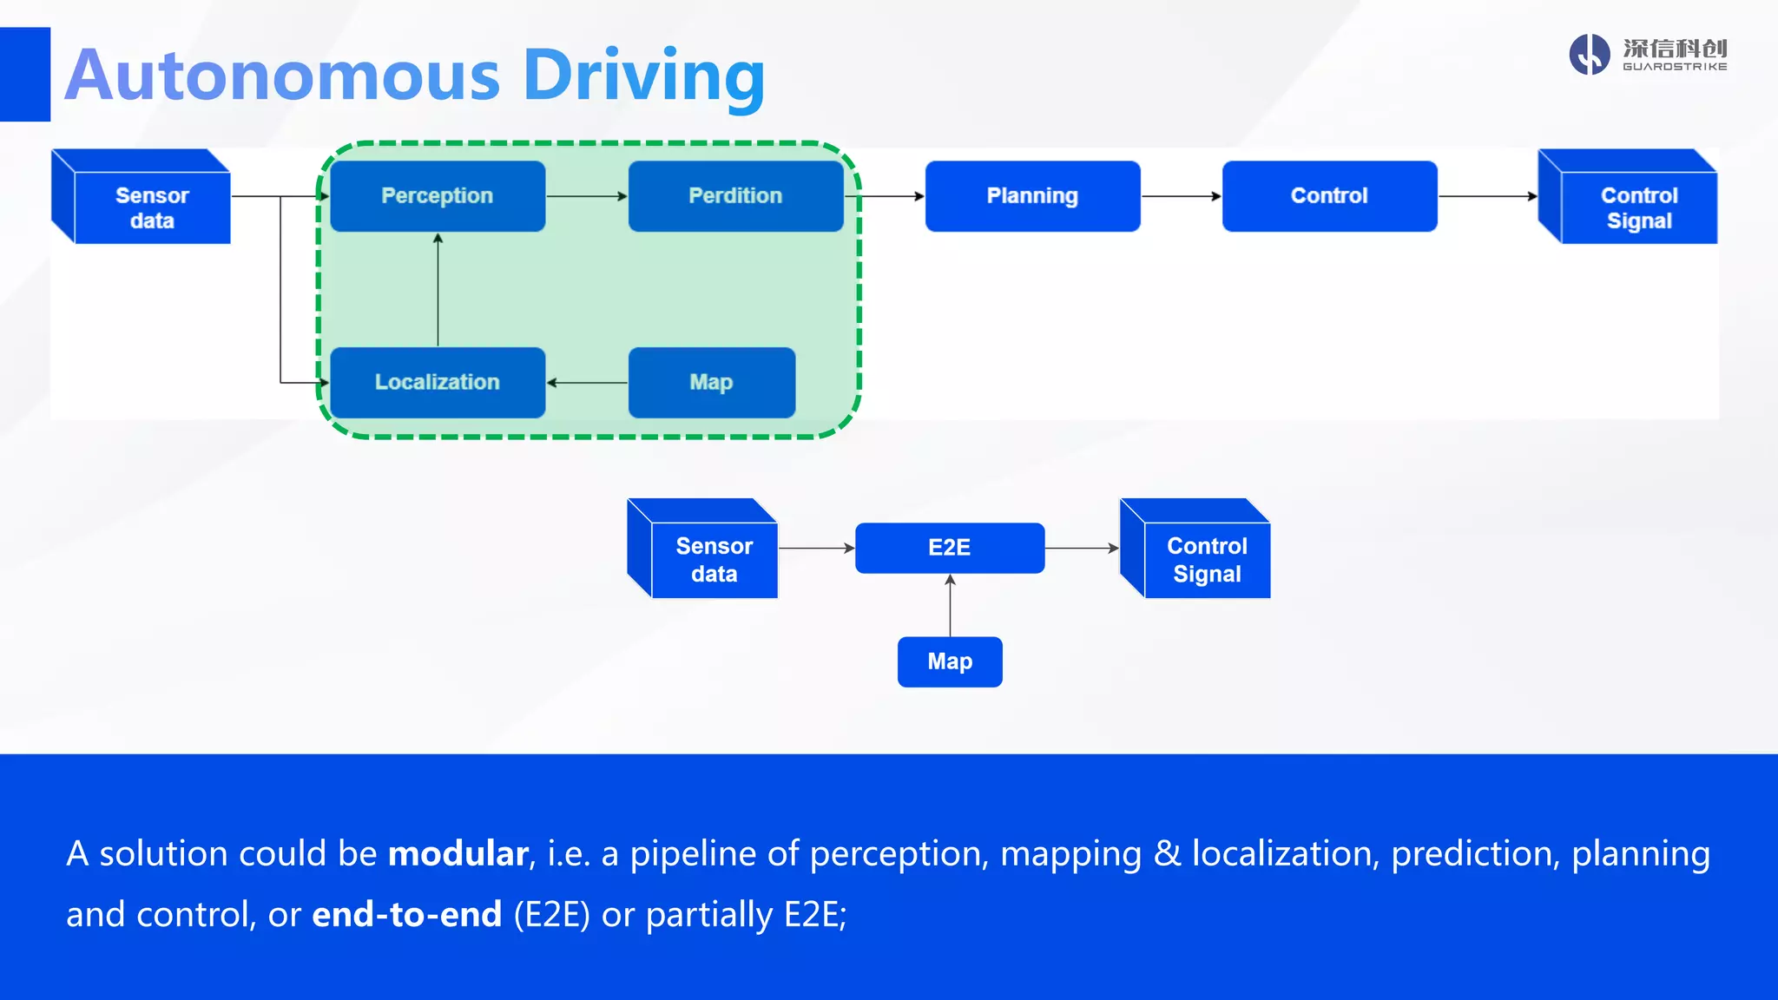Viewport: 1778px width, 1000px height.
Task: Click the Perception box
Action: tap(438, 196)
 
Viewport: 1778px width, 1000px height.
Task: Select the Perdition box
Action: tap(735, 196)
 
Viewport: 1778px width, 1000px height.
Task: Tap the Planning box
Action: tap(1032, 196)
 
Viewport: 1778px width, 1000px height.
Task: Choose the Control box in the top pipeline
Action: tap(1329, 196)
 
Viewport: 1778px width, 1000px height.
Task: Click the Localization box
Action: tap(438, 383)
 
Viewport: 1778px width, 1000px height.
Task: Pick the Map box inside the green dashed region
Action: tap(711, 383)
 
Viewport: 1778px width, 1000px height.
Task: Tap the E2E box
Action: tap(950, 548)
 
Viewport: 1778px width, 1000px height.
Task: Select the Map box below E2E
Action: tap(950, 662)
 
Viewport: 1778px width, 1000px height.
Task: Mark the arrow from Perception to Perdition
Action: tap(587, 197)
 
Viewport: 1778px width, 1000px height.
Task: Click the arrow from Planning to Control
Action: tap(1181, 197)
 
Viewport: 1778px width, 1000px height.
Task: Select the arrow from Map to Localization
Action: tap(587, 383)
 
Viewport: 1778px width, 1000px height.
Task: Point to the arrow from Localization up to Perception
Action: tap(438, 290)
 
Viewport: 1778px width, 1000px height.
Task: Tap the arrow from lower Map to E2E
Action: tap(950, 605)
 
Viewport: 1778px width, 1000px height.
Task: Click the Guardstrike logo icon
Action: tap(1590, 55)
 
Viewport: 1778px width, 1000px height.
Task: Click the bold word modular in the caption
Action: tap(458, 854)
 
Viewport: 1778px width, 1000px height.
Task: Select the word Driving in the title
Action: tap(643, 76)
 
